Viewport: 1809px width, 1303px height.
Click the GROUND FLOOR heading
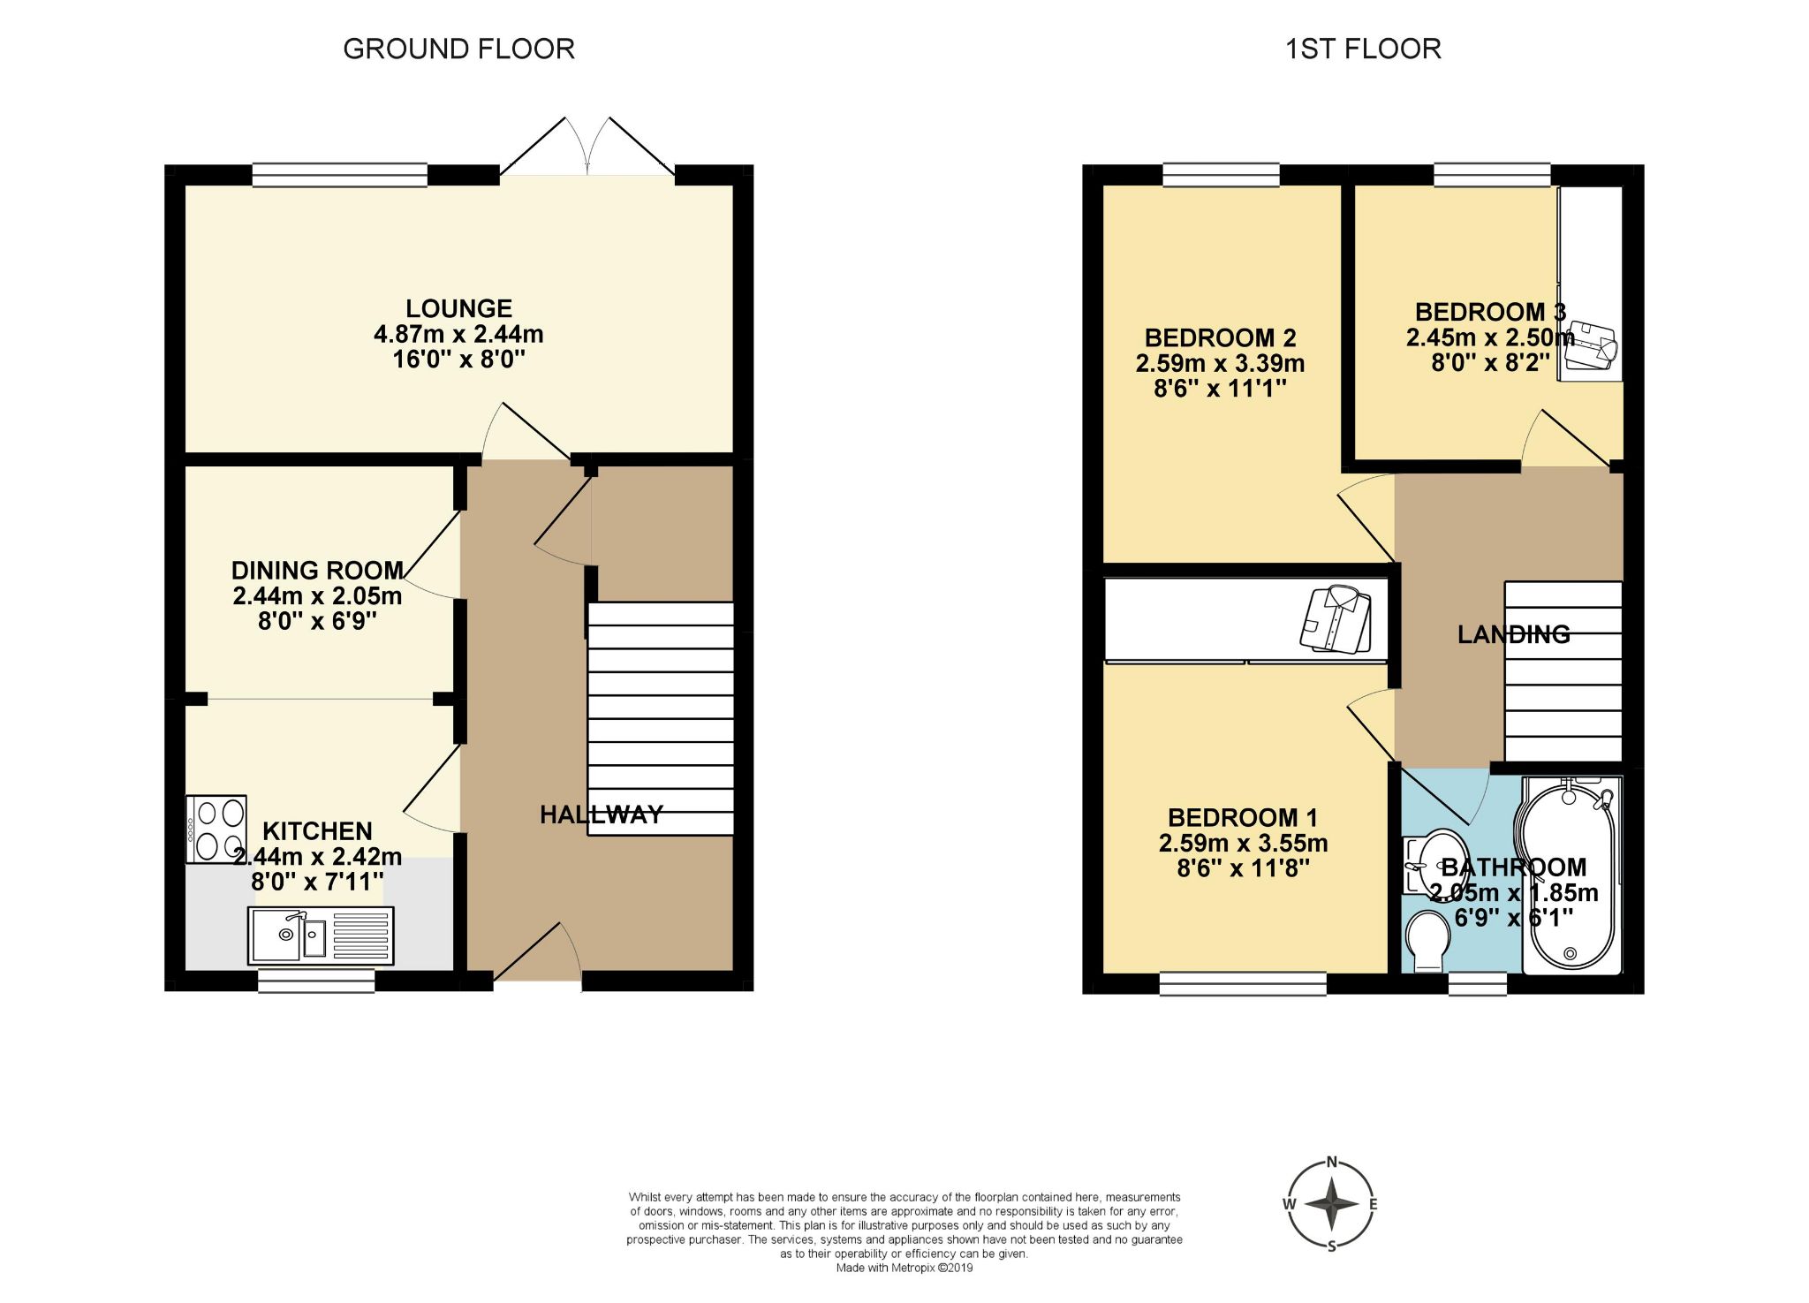458,49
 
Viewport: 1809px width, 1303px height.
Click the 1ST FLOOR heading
1363,49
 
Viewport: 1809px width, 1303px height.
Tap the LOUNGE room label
458,308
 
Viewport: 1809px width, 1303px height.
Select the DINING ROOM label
317,570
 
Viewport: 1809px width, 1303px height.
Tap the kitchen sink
322,935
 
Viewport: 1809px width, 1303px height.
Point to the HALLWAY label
602,814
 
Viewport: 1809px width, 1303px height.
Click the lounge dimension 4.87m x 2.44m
458,334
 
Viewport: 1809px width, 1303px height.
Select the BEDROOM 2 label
1220,337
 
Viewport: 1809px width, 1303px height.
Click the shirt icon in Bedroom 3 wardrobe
1591,346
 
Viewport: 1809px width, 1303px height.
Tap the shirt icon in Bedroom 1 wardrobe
1336,617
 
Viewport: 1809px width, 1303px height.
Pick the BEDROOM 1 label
1243,817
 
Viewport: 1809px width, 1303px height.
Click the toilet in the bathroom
1427,941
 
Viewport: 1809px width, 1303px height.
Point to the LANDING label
1513,634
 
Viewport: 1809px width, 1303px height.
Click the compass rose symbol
1331,1204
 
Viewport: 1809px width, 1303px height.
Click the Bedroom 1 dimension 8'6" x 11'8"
1243,868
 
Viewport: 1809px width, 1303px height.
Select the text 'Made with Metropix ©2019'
904,1268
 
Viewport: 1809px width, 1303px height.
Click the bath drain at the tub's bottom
1570,953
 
